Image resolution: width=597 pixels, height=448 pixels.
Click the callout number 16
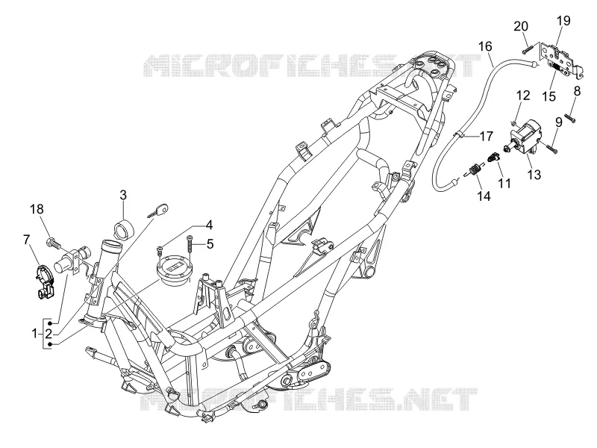pyautogui.click(x=485, y=46)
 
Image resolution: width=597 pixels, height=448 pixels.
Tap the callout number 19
pyautogui.click(x=563, y=21)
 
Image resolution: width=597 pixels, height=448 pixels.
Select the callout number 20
pyautogui.click(x=521, y=26)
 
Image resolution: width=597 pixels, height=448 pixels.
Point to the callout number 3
pyautogui.click(x=123, y=195)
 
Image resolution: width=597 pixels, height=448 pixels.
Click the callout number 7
pyautogui.click(x=26, y=240)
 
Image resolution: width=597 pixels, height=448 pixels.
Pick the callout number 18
pyautogui.click(x=37, y=209)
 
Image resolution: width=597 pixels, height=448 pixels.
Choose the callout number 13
pyautogui.click(x=534, y=175)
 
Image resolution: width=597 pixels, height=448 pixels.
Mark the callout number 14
pyautogui.click(x=484, y=196)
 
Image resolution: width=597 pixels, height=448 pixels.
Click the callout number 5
pyautogui.click(x=210, y=244)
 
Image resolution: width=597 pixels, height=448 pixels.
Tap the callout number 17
pyautogui.click(x=486, y=136)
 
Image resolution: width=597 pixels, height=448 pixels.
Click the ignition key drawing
pyautogui.click(x=158, y=211)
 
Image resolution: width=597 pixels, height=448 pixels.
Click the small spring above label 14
pyautogui.click(x=475, y=169)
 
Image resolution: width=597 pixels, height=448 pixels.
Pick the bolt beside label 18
pyautogui.click(x=53, y=243)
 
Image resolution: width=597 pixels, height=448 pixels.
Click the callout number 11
pyautogui.click(x=504, y=183)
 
